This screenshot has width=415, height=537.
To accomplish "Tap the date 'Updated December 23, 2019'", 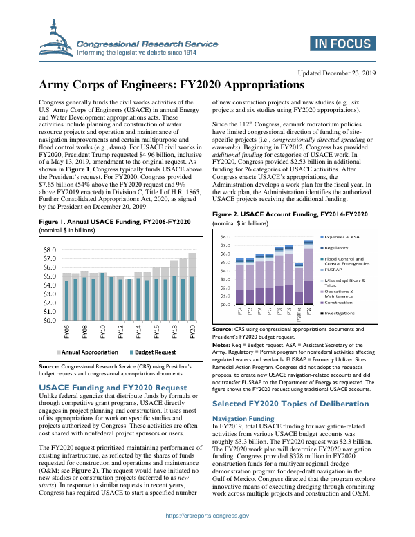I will click(337, 73).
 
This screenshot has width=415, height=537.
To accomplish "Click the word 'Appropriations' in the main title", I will click(259, 86).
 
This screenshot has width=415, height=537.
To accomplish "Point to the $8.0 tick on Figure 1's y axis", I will click(50, 249).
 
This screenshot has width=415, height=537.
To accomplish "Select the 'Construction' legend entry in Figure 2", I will click(338, 303).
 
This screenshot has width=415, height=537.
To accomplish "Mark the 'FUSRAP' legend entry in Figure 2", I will click(334, 270).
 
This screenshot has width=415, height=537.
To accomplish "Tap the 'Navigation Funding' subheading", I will click(242, 419).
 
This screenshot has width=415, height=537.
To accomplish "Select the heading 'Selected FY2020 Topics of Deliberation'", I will click(290, 403).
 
